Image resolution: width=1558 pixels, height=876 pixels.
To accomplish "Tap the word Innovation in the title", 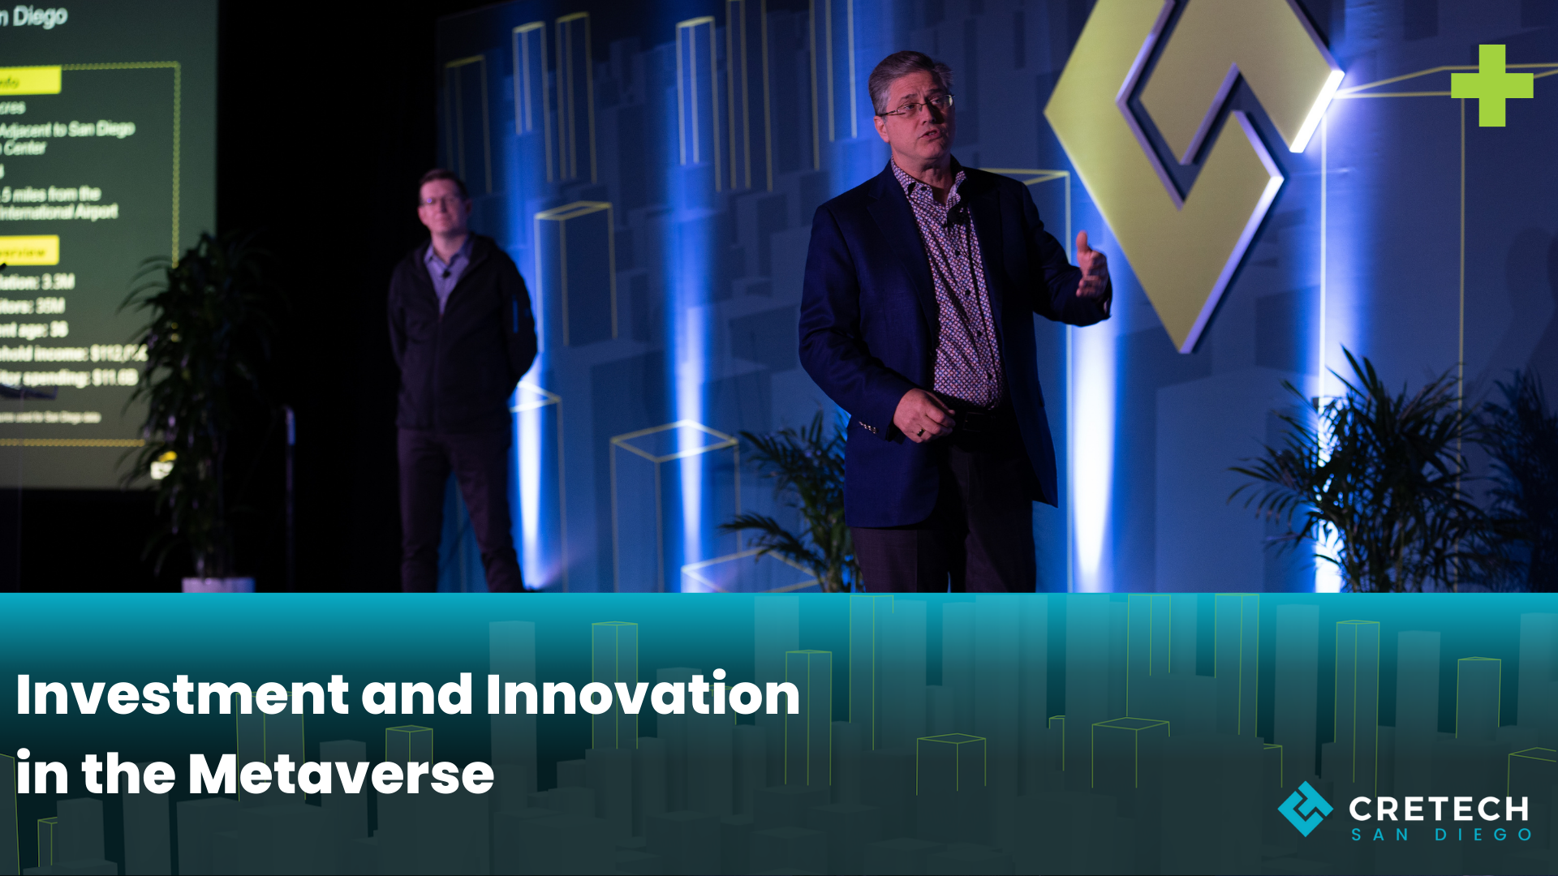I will tap(643, 695).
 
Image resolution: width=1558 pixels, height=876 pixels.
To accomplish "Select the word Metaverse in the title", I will tap(341, 775).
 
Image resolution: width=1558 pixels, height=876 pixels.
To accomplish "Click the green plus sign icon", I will tap(1491, 85).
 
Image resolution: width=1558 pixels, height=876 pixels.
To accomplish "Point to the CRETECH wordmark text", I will tap(1438, 809).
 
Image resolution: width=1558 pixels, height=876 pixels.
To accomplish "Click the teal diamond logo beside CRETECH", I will tap(1305, 809).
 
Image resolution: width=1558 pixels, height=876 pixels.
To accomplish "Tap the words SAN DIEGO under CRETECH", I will tap(1440, 835).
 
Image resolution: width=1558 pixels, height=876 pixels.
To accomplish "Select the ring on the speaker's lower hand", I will tap(920, 432).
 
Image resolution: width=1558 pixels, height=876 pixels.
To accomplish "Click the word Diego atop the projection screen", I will tap(39, 16).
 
